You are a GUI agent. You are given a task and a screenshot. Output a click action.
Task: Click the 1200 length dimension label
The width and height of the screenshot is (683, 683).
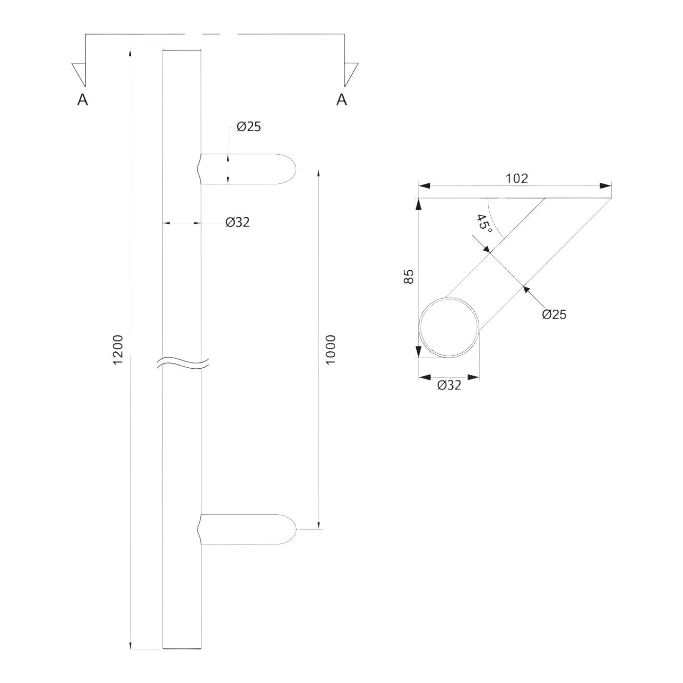[x=117, y=349]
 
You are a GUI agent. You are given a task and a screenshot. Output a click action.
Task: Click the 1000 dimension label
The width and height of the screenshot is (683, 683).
[x=330, y=349]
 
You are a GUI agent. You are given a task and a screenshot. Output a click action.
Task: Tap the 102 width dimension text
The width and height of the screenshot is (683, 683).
[x=517, y=178]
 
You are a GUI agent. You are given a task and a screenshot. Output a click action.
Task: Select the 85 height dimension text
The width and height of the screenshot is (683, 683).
[x=408, y=277]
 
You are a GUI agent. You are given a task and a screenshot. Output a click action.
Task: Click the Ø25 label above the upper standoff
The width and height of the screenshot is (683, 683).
[x=249, y=126]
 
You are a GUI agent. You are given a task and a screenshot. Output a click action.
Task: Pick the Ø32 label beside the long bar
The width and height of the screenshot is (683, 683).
[x=238, y=222]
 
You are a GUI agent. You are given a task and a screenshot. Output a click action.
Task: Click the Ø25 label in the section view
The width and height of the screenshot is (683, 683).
[x=554, y=314]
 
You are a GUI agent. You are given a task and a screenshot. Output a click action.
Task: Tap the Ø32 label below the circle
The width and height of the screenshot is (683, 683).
[x=449, y=385]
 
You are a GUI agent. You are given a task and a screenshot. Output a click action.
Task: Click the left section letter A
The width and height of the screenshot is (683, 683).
[x=82, y=100]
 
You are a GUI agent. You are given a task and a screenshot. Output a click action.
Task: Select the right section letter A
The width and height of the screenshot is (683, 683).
[x=341, y=100]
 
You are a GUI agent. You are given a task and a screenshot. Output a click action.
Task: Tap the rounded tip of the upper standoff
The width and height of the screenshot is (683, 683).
[x=296, y=169]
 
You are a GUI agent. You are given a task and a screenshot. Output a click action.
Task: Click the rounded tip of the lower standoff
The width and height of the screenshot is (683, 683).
[x=296, y=529]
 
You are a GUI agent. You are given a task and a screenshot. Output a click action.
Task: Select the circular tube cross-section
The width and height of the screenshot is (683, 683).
[x=449, y=327]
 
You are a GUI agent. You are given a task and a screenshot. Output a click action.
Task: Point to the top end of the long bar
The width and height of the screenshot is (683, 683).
[x=182, y=49]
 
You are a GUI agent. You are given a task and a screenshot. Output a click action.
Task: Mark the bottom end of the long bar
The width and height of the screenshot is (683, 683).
[x=182, y=649]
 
